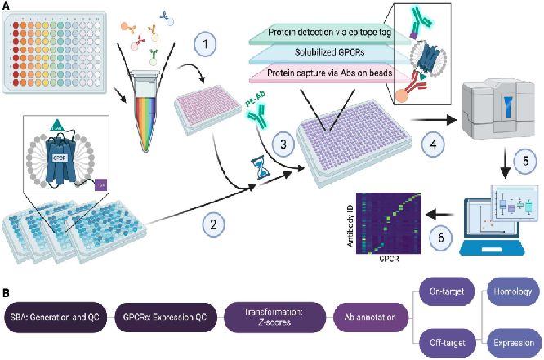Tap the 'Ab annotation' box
368,315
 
